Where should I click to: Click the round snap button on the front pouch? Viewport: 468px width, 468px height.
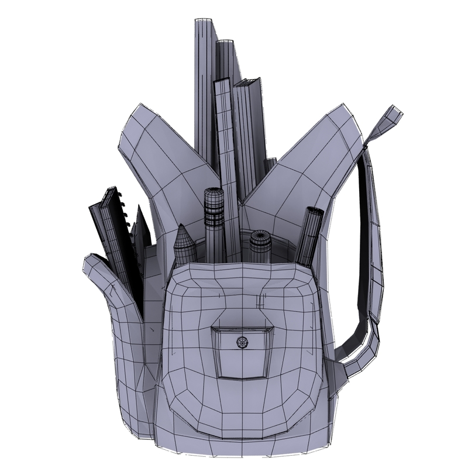(242, 342)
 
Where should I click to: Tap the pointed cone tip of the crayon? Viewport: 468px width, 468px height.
(184, 233)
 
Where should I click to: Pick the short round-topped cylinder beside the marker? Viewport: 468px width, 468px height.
(260, 245)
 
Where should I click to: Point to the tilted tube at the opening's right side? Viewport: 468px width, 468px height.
(309, 234)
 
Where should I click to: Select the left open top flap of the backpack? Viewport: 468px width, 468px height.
(158, 146)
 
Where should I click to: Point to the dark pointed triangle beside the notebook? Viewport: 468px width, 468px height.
(140, 225)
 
